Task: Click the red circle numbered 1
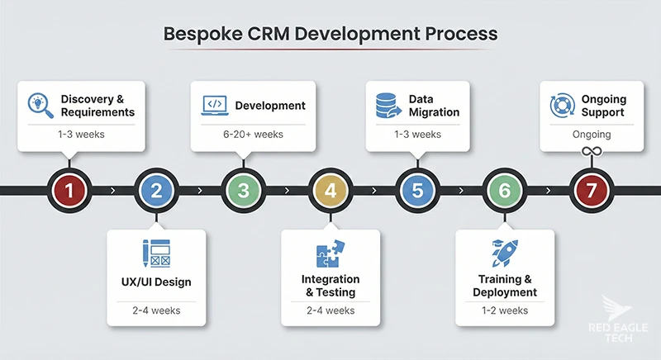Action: coord(69,191)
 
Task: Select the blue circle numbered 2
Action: coord(156,191)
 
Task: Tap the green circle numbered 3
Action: coord(244,191)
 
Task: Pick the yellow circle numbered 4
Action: coord(330,191)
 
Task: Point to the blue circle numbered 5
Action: coord(417,191)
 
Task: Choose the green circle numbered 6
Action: coord(504,191)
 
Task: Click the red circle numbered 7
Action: coord(592,191)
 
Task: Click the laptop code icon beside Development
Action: coord(214,105)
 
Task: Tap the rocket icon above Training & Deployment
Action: coord(504,253)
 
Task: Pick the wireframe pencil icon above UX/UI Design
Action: coord(156,252)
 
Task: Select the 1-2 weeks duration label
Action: coord(504,310)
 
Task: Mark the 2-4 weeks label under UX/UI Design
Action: coord(156,310)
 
